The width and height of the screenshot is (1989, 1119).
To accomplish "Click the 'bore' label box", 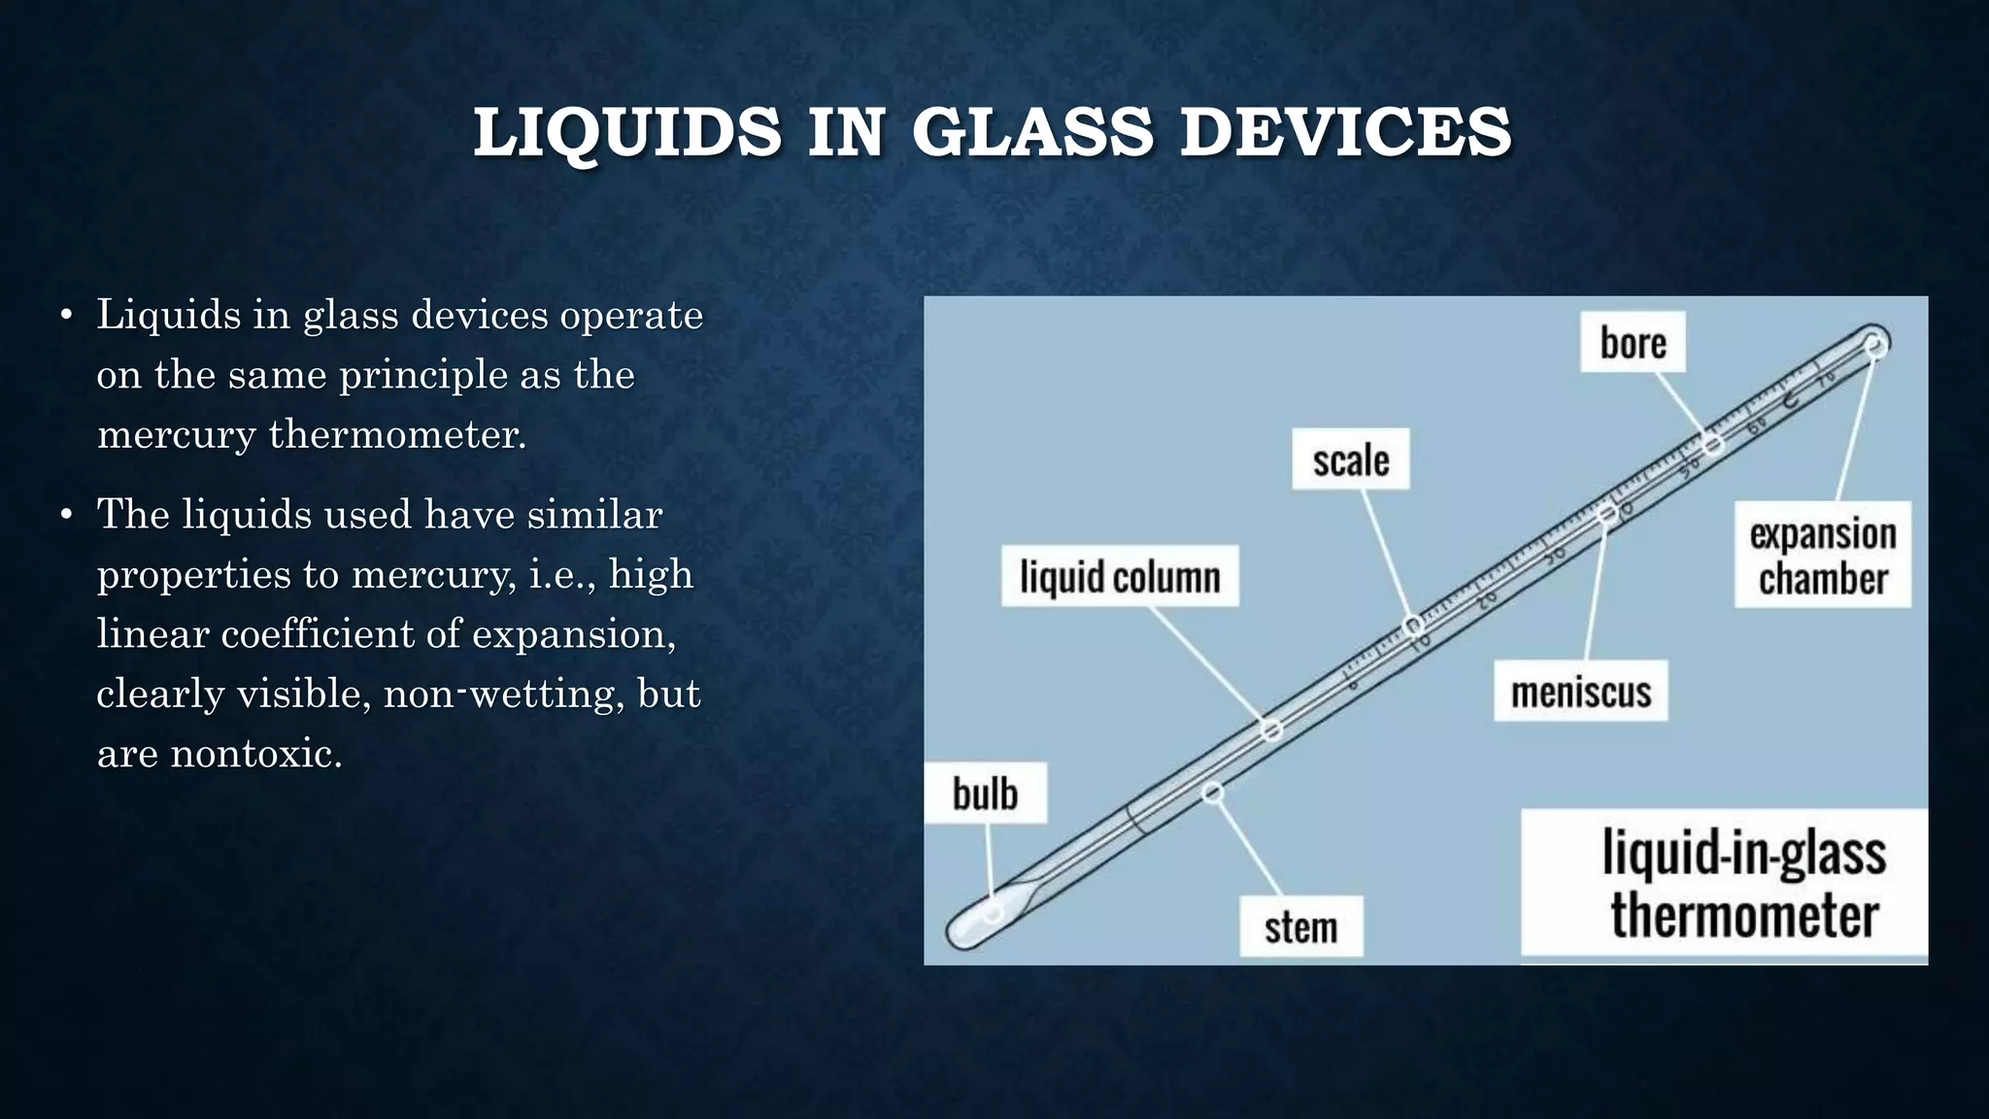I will [1633, 342].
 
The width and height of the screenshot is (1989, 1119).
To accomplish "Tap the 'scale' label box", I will [1350, 459].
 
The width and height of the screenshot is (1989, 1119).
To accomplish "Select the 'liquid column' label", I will [1120, 577].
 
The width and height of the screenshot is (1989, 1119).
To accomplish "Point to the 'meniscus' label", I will [1580, 692].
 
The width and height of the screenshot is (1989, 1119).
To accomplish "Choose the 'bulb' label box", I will [985, 794].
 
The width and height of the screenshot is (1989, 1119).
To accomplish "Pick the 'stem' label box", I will [1300, 927].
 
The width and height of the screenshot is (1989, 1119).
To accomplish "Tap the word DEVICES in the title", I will [1345, 132].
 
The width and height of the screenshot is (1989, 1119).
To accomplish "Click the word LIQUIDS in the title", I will [627, 132].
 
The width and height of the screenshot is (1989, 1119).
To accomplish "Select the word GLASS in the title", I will [1032, 132].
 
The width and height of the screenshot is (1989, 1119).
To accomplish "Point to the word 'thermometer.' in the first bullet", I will [397, 434].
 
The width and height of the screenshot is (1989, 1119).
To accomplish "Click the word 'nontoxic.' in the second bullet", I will [256, 754].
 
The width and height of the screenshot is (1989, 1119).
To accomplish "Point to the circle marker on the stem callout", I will [1212, 793].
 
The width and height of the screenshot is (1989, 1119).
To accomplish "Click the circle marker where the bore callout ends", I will [1713, 444].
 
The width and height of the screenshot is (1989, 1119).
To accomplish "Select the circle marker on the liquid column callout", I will [1271, 729].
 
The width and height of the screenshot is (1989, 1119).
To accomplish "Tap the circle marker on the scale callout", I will [1414, 624].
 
